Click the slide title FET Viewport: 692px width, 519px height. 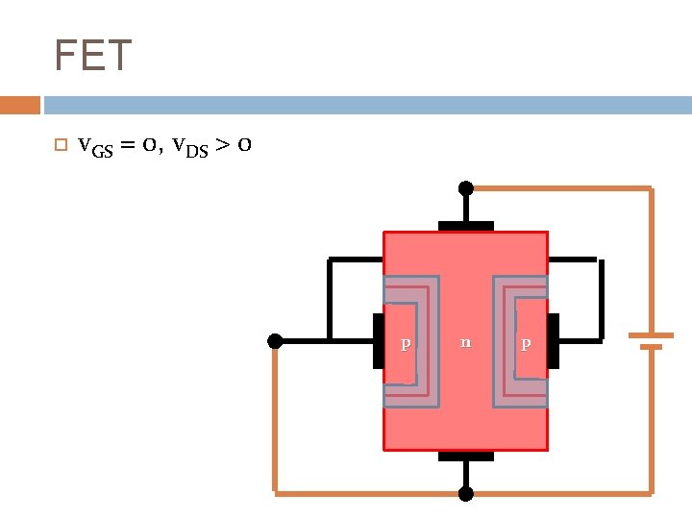92,56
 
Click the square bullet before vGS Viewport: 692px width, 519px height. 60,146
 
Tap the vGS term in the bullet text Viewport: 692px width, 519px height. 94,146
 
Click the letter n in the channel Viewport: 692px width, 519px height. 465,341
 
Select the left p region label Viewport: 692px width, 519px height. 406,342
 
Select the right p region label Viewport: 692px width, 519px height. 525,342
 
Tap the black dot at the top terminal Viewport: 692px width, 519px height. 466,188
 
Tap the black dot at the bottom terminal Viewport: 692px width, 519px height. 466,494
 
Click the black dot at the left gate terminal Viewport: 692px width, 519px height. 275,340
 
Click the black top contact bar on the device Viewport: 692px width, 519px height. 466,226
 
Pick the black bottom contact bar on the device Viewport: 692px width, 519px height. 466,456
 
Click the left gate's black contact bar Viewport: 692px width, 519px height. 378,340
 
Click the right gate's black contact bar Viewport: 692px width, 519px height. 554,340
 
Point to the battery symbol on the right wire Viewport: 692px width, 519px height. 651,340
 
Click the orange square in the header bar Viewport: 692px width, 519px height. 19,105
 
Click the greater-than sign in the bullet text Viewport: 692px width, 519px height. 222,146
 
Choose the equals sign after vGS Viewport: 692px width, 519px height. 127,146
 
